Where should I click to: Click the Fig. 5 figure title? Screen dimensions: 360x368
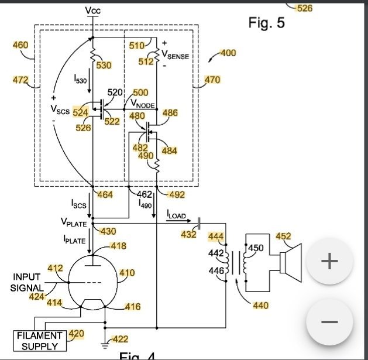[266, 23]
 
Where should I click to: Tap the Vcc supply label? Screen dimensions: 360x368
[92, 11]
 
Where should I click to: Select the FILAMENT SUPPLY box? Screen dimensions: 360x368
[40, 340]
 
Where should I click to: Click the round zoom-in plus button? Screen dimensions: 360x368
[329, 261]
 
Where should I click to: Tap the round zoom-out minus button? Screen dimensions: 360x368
[329, 322]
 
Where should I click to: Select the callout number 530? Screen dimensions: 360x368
[104, 65]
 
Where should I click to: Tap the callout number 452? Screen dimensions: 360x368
[283, 236]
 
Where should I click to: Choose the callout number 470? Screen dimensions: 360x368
[212, 79]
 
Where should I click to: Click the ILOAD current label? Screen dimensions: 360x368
[176, 216]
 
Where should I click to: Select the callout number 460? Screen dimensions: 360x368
[20, 44]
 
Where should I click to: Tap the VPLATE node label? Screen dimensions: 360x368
[73, 222]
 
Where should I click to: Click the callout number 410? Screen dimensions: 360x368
[127, 273]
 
